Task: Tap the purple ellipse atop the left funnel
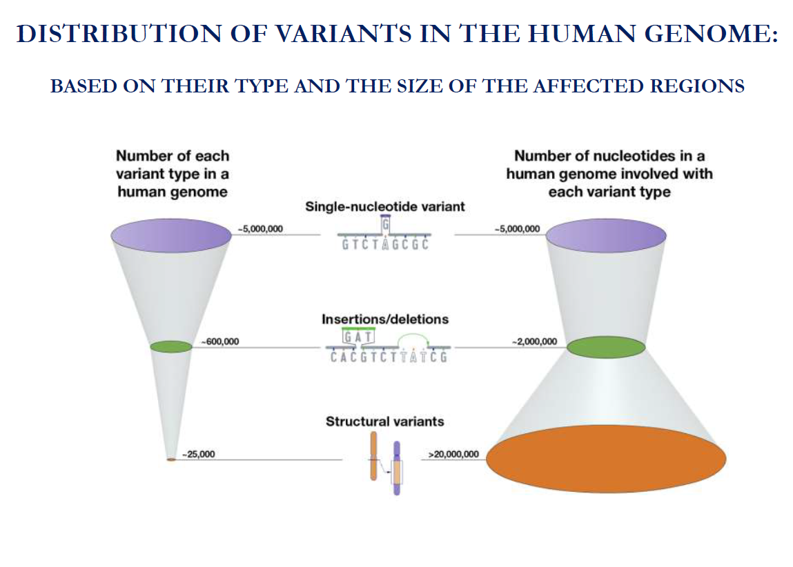point(171,235)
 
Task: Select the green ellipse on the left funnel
point(171,347)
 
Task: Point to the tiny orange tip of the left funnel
point(171,459)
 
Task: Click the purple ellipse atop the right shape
point(606,235)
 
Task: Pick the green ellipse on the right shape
point(606,347)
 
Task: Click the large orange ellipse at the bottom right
point(606,458)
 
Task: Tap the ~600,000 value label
point(220,341)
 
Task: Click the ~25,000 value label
point(198,455)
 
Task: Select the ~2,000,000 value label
point(534,341)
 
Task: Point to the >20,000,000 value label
point(453,455)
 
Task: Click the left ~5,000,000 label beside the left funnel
point(260,229)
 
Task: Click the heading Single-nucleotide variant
point(385,207)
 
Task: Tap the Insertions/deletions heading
point(385,319)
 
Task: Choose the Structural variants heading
point(385,421)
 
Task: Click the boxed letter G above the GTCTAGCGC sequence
point(386,223)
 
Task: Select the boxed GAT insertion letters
point(359,337)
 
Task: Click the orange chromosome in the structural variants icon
point(373,456)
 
